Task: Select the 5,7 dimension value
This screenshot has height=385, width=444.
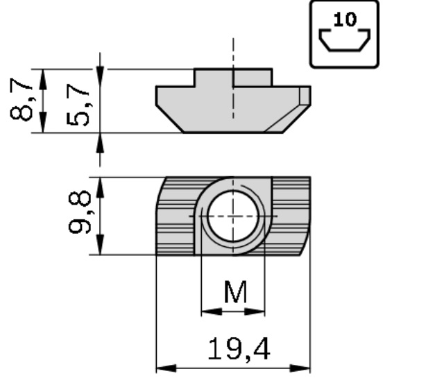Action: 78,105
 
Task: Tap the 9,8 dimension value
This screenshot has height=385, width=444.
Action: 80,212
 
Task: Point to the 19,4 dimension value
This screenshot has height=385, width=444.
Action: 239,350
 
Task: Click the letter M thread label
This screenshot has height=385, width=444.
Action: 235,291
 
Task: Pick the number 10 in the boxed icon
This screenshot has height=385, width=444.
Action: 345,19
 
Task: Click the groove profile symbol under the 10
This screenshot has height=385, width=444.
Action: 345,40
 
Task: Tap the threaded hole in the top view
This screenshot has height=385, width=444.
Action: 233,216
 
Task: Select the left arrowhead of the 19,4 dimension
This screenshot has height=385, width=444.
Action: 166,368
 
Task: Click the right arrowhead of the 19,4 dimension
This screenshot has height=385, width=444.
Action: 300,368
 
